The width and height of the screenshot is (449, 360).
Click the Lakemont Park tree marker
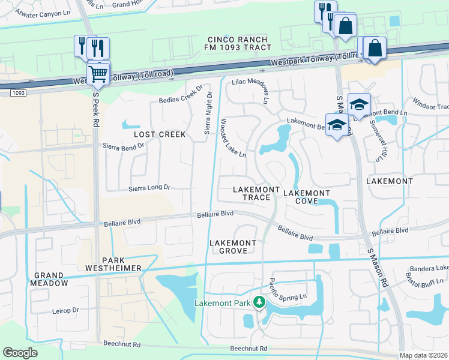[x=259, y=302]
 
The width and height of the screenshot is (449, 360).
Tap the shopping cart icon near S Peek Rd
[x=98, y=74]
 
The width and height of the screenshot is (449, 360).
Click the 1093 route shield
[x=18, y=92]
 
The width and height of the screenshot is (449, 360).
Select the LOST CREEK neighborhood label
[x=160, y=134]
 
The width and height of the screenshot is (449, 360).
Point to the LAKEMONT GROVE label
[x=232, y=247]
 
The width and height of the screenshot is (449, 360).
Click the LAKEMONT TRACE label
[x=256, y=193]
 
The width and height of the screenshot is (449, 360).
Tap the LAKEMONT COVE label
[x=306, y=197]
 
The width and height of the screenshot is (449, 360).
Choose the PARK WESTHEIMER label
[x=122, y=264]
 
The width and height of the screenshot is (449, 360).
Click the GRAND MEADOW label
[x=50, y=279]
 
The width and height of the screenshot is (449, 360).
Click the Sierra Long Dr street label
[x=150, y=188]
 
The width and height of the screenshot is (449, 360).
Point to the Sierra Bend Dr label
[x=124, y=146]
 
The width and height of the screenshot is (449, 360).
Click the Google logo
[x=20, y=353]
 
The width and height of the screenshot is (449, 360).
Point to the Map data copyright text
[x=423, y=355]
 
